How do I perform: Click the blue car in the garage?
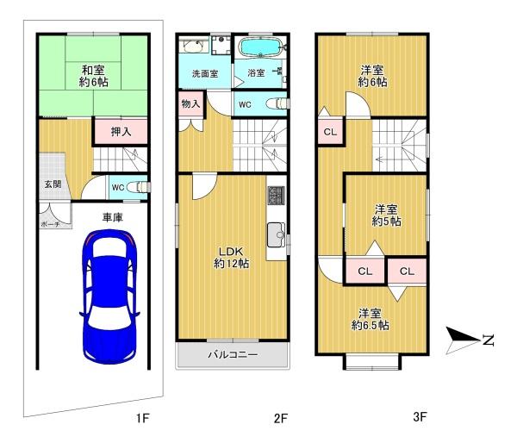[x=109, y=296]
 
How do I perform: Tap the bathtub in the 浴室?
[x=260, y=47]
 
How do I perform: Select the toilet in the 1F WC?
[x=139, y=187]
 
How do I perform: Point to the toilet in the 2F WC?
[x=277, y=103]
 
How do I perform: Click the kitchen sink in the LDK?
[x=277, y=234]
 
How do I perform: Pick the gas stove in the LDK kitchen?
[x=277, y=195]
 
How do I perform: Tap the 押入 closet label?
[x=121, y=132]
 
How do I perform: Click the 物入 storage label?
[x=190, y=104]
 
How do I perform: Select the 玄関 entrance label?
[x=53, y=184]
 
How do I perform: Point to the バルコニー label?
[x=233, y=354]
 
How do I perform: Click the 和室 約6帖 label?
[x=93, y=76]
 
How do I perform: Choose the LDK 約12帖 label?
[x=231, y=258]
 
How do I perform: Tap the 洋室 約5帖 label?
[x=386, y=215]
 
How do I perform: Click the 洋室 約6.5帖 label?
[x=370, y=319]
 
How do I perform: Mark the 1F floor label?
[x=143, y=418]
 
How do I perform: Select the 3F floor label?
[x=420, y=416]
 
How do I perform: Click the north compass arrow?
[x=463, y=340]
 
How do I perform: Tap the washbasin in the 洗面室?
[x=194, y=46]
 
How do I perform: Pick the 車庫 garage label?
[x=112, y=217]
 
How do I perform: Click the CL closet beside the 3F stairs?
[x=330, y=131]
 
